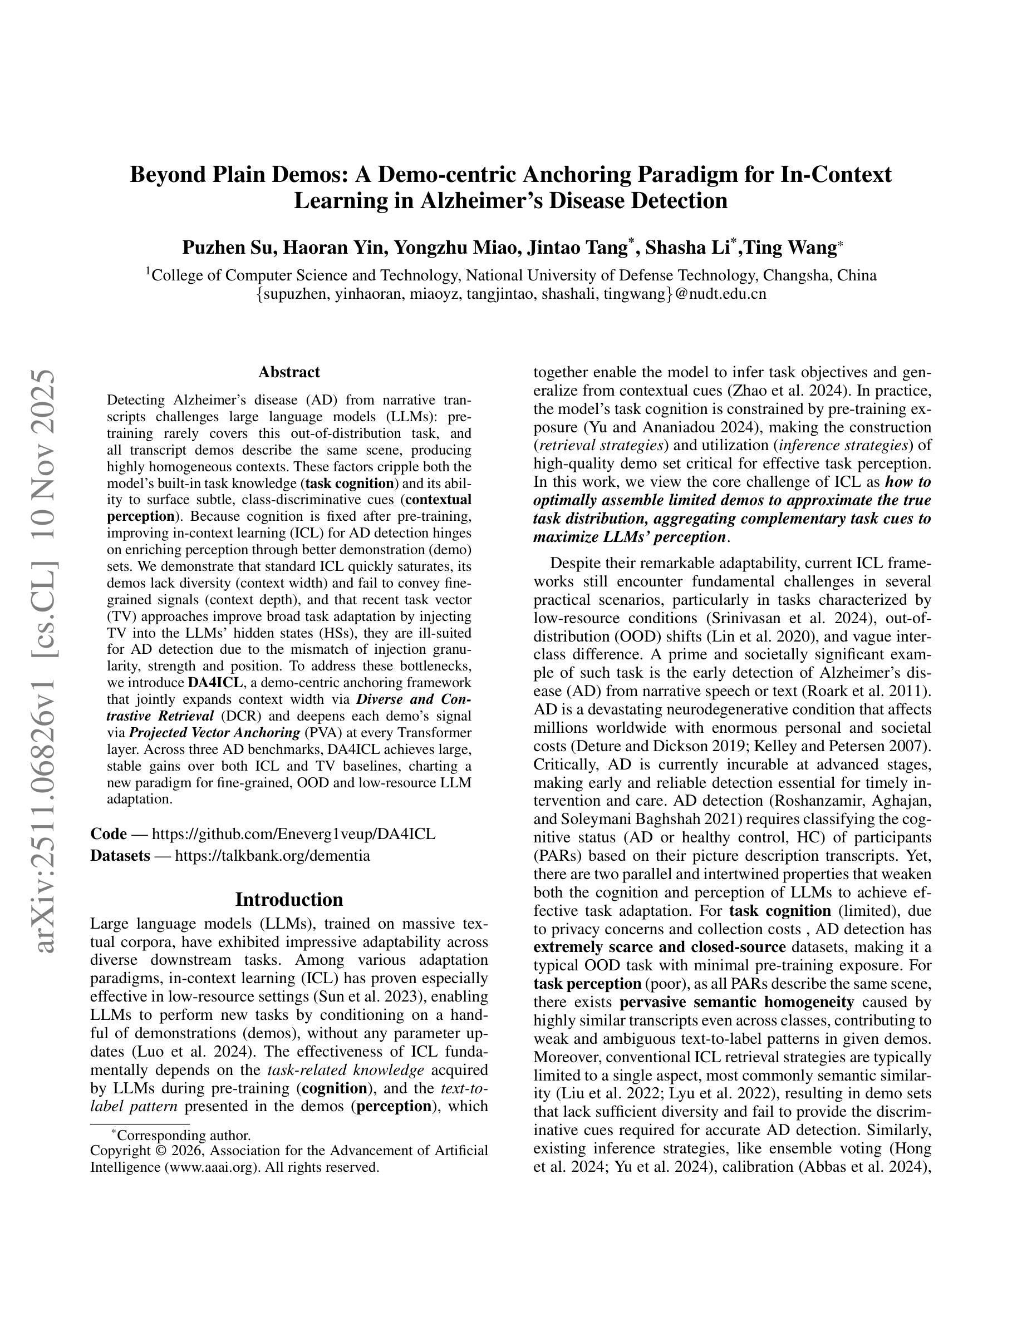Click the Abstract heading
289,372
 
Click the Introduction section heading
289,899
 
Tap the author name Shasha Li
687,248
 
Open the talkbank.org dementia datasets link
272,855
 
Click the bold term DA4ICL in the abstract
215,683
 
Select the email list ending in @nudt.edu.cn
511,294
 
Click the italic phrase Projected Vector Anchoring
214,732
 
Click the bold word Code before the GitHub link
109,833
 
